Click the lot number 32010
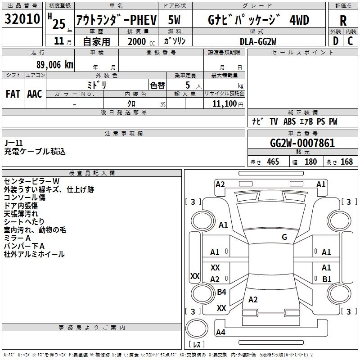[22, 19]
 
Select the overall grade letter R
[343, 20]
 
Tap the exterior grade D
[335, 40]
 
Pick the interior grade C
[351, 40]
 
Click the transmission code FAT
[13, 94]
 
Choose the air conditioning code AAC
[35, 94]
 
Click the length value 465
[273, 162]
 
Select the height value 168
[346, 162]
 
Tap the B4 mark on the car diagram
[221, 292]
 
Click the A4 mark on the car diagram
[220, 333]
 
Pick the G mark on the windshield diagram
[284, 237]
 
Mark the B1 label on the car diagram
[327, 279]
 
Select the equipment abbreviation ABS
[289, 121]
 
